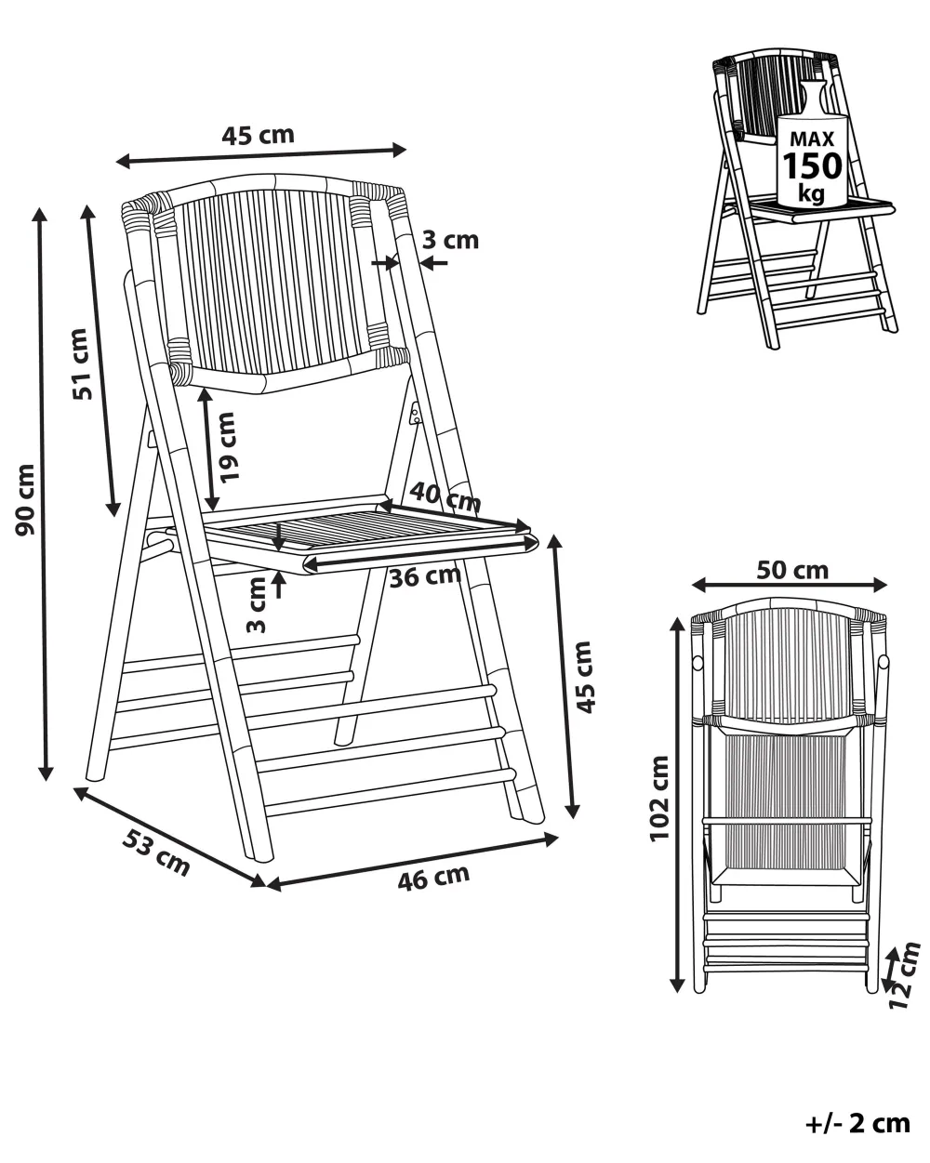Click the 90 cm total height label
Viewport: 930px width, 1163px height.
[x=25, y=500]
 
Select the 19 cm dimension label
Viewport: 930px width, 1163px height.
[x=228, y=447]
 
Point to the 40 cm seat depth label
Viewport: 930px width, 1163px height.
[x=445, y=496]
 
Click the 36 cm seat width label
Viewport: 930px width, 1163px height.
[x=425, y=577]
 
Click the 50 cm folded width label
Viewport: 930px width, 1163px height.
[x=792, y=570]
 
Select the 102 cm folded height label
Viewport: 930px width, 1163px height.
[x=659, y=799]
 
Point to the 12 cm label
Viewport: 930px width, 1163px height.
[x=905, y=974]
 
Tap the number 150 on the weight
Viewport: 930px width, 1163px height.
[x=813, y=165]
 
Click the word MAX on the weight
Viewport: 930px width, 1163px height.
[x=812, y=139]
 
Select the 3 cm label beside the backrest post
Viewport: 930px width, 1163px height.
[x=450, y=240]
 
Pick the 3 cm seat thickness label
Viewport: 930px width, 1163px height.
[x=257, y=604]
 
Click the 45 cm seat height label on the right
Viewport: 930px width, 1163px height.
[x=584, y=677]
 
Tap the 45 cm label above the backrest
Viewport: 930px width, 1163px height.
[x=258, y=135]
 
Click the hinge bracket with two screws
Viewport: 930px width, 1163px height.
[x=416, y=415]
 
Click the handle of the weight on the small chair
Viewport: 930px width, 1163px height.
[x=813, y=96]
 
